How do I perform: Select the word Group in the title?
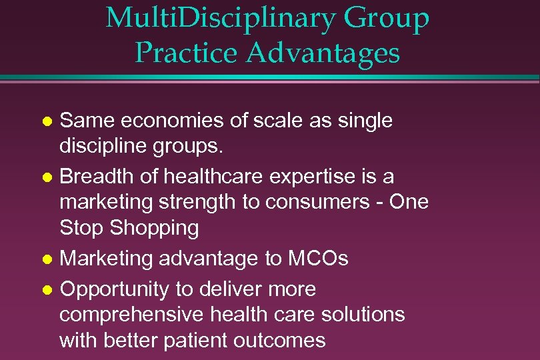point(387,20)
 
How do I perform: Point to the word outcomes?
point(280,341)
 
